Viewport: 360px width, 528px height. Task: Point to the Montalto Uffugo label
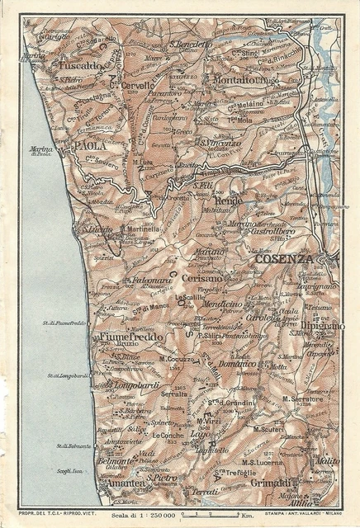[x=237, y=80]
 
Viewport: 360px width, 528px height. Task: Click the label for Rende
[x=226, y=201]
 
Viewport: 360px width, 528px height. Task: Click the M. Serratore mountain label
[x=301, y=398]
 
